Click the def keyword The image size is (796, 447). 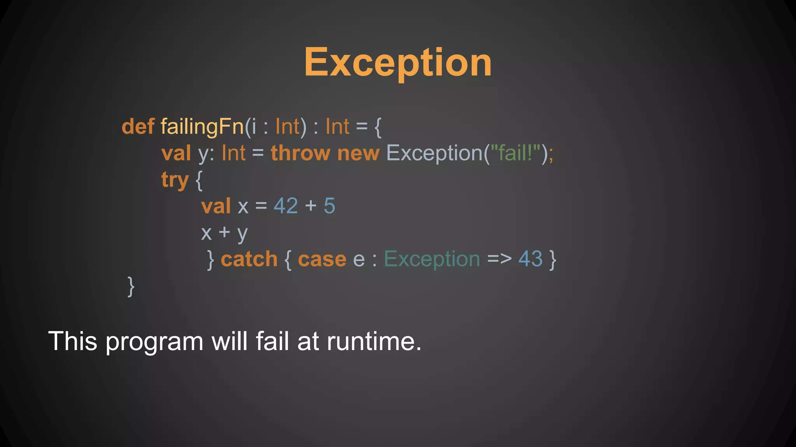pos(138,127)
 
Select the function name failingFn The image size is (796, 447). pos(202,127)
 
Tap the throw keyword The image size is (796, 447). pos(300,153)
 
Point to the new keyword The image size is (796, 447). pos(358,154)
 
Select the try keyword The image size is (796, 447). pos(175,180)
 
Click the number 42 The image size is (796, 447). pos(286,206)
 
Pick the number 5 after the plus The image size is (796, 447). pos(329,206)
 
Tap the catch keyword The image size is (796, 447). pos(249,259)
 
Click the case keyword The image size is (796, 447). pos(322,259)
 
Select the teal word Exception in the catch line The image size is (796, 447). pos(432,259)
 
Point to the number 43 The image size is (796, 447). pos(530,259)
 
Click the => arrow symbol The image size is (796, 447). pos(499,259)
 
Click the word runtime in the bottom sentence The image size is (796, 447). pos(374,341)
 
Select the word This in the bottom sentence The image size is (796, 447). pos(72,341)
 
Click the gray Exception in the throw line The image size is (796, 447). pos(434,153)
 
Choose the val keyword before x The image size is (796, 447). pos(216,206)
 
